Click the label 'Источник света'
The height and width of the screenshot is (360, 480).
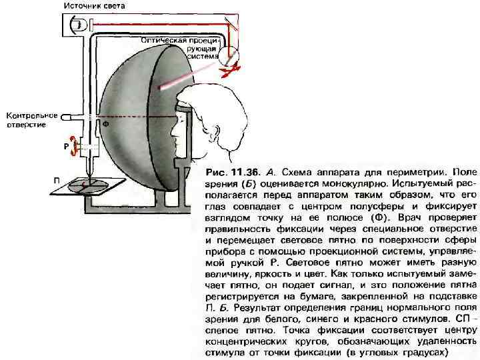[95, 6]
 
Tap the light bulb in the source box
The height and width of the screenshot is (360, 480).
[79, 25]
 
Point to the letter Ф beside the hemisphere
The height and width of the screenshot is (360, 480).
[105, 124]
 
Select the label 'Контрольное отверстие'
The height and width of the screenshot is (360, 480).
[32, 120]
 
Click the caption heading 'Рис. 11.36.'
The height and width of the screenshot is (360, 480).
[229, 162]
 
